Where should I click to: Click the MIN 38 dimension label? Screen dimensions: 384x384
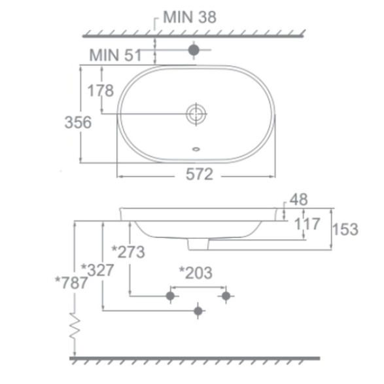[x=190, y=17]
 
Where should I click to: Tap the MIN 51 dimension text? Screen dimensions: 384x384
[x=115, y=55]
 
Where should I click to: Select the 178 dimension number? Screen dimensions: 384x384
[x=101, y=91]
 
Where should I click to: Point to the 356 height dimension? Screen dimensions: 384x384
[x=78, y=122]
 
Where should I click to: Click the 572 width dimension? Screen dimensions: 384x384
[x=200, y=175]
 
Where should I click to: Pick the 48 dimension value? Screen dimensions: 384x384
[x=298, y=200]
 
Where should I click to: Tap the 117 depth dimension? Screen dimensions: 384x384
[x=307, y=224]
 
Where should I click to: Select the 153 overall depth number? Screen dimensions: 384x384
[x=345, y=229]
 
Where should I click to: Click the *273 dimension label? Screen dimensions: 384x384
[x=128, y=252]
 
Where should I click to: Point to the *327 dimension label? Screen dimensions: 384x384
[x=97, y=270]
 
